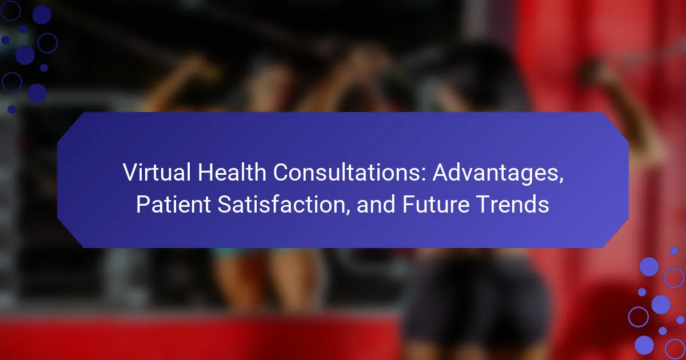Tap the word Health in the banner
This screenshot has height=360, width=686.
[x=232, y=173]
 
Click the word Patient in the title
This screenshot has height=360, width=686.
[x=173, y=204]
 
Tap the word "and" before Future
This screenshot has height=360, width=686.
[x=376, y=204]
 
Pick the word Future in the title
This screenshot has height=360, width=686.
[x=436, y=204]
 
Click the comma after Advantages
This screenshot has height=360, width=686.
[x=561, y=181]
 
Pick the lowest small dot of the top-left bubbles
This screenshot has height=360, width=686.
[x=12, y=109]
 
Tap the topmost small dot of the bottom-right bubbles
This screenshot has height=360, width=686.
[x=674, y=250]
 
